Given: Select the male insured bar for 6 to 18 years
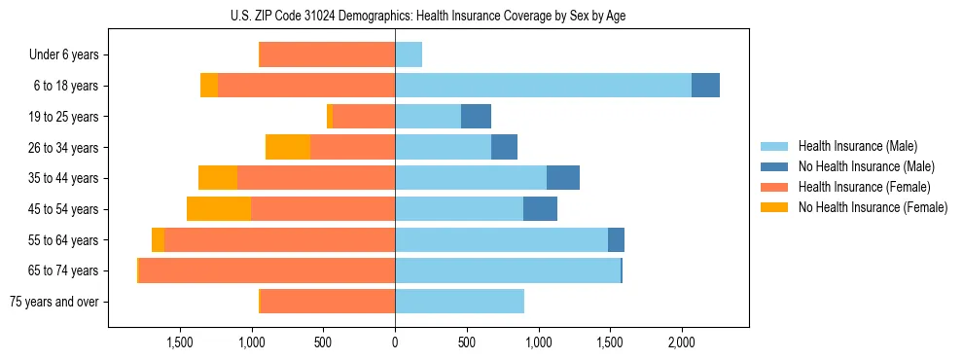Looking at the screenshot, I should [543, 86].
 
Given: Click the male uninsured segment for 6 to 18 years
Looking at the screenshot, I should [705, 86].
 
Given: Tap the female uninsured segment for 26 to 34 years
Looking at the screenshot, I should [288, 147].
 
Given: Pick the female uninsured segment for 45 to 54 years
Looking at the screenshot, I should [219, 209].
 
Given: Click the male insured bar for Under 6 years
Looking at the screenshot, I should [409, 54].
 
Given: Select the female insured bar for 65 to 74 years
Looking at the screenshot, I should [267, 270].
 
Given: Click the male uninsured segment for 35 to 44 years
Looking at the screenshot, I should [563, 178].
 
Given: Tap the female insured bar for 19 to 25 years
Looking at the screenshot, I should [364, 117].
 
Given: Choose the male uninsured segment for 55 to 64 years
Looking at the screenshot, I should [616, 240].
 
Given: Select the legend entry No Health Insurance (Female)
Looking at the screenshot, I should [873, 207].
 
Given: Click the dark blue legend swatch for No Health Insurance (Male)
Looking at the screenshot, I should [774, 166].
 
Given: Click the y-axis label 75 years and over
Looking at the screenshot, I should [54, 302].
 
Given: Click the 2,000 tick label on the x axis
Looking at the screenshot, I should [681, 342].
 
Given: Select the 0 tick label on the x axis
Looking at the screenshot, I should [395, 342].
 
